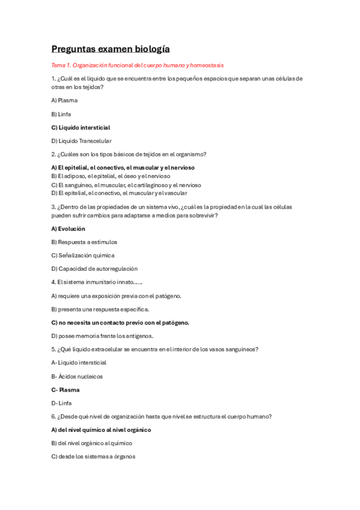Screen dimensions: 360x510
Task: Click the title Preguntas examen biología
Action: (111, 49)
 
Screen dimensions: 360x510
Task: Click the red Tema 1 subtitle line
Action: (138, 65)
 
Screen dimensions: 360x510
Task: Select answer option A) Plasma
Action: (64, 100)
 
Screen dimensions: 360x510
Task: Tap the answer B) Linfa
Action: (63, 114)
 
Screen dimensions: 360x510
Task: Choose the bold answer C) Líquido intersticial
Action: (81, 127)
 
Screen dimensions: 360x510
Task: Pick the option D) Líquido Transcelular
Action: (81, 141)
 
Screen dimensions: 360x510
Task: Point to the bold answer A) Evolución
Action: (69, 229)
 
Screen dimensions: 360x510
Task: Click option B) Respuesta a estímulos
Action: (84, 242)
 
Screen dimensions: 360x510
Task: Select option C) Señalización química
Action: (82, 256)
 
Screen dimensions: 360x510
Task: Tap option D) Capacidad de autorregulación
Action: (94, 269)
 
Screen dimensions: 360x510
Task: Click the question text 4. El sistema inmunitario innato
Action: (96, 282)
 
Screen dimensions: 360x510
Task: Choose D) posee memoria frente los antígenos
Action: (102, 336)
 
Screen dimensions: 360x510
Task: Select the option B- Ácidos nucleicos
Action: (77, 376)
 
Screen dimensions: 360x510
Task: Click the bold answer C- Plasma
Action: (66, 390)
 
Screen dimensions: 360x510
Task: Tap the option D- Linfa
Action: (62, 403)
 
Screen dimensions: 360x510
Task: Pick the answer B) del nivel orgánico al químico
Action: (92, 443)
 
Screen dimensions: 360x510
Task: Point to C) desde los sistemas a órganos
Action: (93, 456)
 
